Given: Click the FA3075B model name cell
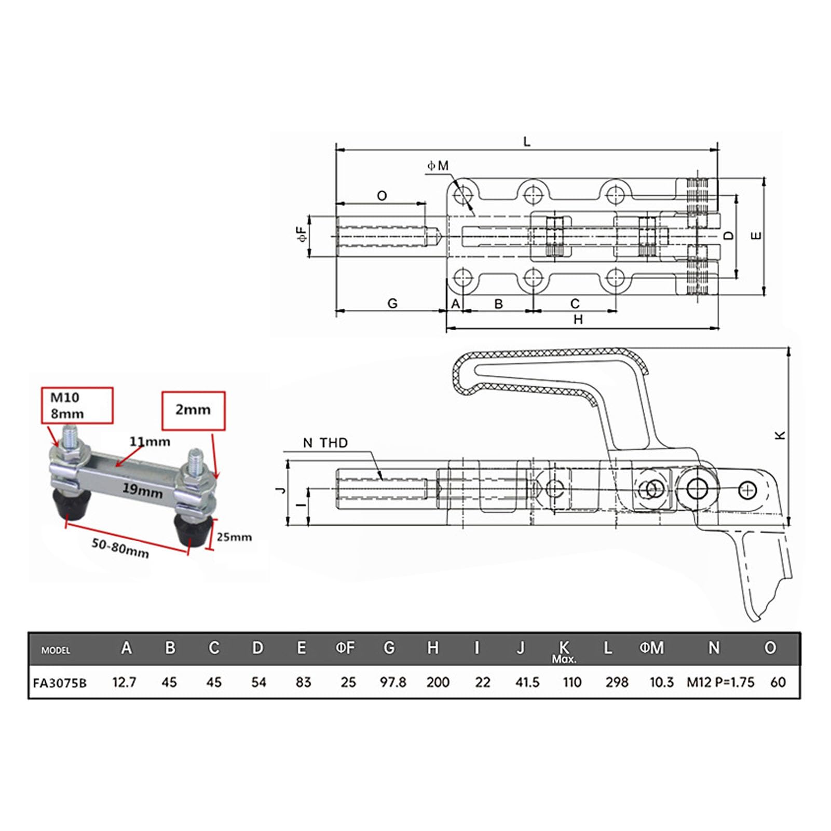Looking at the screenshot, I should pyautogui.click(x=60, y=683).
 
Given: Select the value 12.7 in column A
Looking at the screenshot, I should pyautogui.click(x=125, y=682).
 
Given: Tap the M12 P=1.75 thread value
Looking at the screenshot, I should pyautogui.click(x=720, y=682).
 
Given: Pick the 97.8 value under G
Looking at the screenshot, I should pyautogui.click(x=393, y=682).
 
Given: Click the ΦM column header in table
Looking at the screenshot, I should pyautogui.click(x=651, y=648).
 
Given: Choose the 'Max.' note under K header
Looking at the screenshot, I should pyautogui.click(x=564, y=659).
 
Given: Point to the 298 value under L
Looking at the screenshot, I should pyautogui.click(x=617, y=682).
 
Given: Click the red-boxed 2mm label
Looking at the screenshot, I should pyautogui.click(x=193, y=410).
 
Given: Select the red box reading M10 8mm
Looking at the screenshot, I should pyautogui.click(x=77, y=405).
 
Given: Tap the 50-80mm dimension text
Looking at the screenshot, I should pyautogui.click(x=120, y=548).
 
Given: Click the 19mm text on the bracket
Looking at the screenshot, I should pyautogui.click(x=142, y=489).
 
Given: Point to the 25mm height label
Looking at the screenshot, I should pyautogui.click(x=234, y=537).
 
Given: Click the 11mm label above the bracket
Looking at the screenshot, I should pyautogui.click(x=149, y=442).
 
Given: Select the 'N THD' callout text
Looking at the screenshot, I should pyautogui.click(x=325, y=443).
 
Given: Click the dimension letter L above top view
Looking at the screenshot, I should pyautogui.click(x=527, y=142).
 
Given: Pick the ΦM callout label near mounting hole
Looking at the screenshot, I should pyautogui.click(x=438, y=166).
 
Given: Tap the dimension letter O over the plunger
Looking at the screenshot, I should pyautogui.click(x=382, y=196).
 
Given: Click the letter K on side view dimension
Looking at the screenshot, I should pyautogui.click(x=780, y=435).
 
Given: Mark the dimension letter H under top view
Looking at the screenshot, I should pyautogui.click(x=578, y=320).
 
